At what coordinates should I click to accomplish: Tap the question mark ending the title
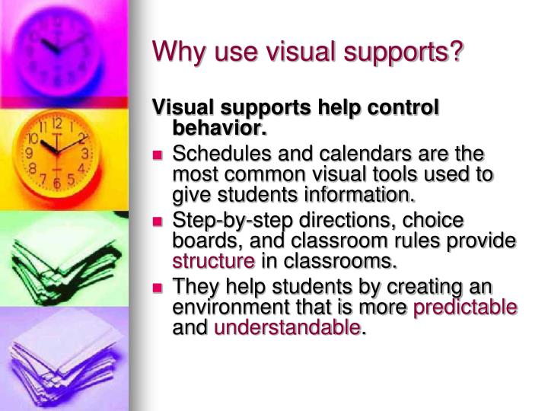point(457,53)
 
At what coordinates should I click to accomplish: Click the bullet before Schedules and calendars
point(158,155)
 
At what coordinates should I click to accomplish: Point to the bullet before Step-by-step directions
point(158,221)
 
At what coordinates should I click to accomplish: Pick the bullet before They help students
point(158,288)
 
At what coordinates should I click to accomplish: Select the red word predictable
point(465,307)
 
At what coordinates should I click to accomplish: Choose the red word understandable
point(287,329)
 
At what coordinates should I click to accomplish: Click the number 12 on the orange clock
point(56,123)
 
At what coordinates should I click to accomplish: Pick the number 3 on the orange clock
point(87,154)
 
